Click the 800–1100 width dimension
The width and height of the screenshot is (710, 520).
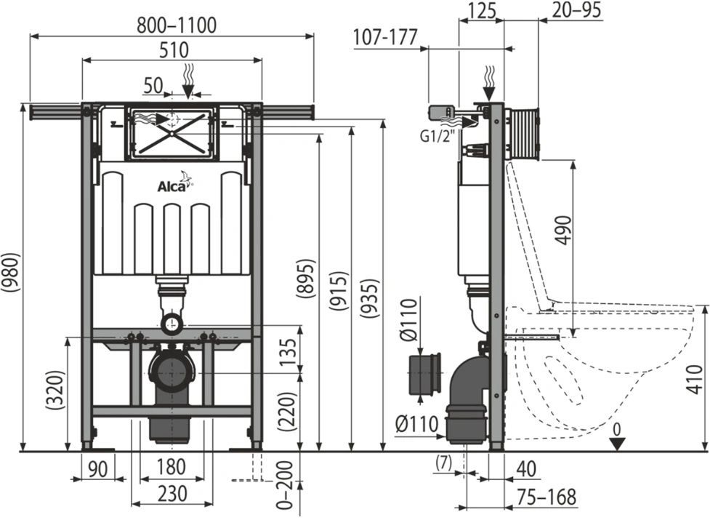[x=177, y=25]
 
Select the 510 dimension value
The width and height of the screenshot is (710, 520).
[x=174, y=49]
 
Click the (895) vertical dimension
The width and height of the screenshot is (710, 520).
[x=304, y=278]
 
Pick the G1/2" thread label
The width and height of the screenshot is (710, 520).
[x=437, y=135]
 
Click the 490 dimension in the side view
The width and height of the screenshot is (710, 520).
[x=562, y=230]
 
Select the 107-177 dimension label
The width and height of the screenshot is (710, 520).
[x=385, y=37]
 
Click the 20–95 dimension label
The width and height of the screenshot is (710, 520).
[x=577, y=10]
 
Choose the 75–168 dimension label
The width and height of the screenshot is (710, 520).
[x=546, y=497]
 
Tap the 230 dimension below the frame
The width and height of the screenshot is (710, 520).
[x=172, y=493]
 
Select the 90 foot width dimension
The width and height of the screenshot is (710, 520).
[x=98, y=468]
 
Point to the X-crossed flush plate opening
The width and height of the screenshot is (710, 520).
[x=172, y=134]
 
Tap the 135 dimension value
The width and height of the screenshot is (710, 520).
[x=289, y=352]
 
